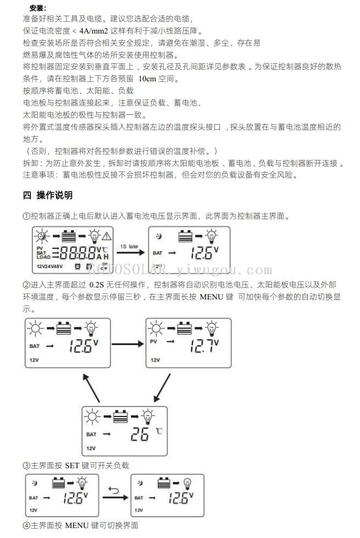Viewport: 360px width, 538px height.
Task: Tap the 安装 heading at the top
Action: click(37, 8)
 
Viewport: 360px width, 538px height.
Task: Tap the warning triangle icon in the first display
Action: click(107, 237)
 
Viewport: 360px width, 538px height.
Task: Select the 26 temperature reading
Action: click(140, 435)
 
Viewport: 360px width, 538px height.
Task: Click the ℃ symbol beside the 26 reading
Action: click(159, 431)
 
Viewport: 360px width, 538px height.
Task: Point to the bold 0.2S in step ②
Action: click(97, 285)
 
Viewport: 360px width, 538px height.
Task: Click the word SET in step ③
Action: click(73, 465)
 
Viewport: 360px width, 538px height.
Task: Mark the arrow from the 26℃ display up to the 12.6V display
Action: click(92, 389)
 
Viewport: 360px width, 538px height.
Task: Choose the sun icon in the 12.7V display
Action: click(157, 329)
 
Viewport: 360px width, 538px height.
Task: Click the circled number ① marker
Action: click(26, 216)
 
